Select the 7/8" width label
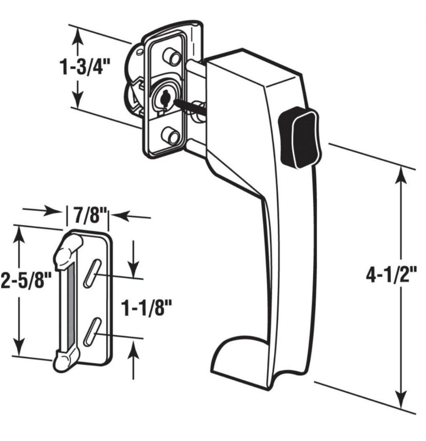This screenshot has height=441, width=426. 87,215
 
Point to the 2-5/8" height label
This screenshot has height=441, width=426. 26,281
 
